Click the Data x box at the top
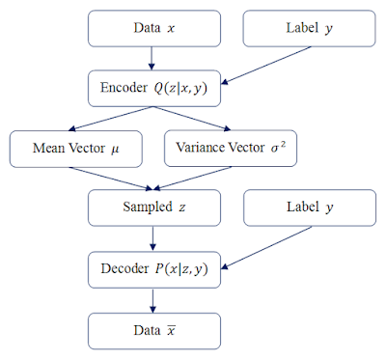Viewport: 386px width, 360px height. (x=154, y=29)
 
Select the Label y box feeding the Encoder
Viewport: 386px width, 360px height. (x=309, y=29)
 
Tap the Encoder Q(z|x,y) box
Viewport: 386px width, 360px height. (x=154, y=88)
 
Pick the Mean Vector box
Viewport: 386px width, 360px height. (x=75, y=149)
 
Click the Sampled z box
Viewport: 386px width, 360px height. (x=154, y=208)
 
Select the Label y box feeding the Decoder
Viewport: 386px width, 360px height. (x=309, y=208)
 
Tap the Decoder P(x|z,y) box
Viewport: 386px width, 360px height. (x=154, y=267)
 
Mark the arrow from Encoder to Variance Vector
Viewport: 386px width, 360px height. (x=193, y=119)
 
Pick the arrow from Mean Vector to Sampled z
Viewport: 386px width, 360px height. (x=115, y=179)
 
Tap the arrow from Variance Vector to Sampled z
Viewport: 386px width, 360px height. (x=193, y=179)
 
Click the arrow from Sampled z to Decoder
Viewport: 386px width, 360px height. (x=154, y=237)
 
